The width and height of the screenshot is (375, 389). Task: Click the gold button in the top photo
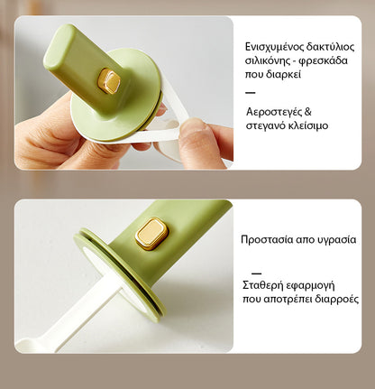coord(109,81)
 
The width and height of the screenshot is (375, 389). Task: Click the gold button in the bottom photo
coord(151,234)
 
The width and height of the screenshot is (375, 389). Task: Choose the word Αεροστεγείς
coord(274,112)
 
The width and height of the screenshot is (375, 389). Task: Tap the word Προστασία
coord(268,239)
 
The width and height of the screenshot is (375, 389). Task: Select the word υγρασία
coord(334,239)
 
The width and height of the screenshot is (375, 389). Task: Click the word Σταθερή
coord(264,285)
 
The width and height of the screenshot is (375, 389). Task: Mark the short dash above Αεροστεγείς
coord(250,92)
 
